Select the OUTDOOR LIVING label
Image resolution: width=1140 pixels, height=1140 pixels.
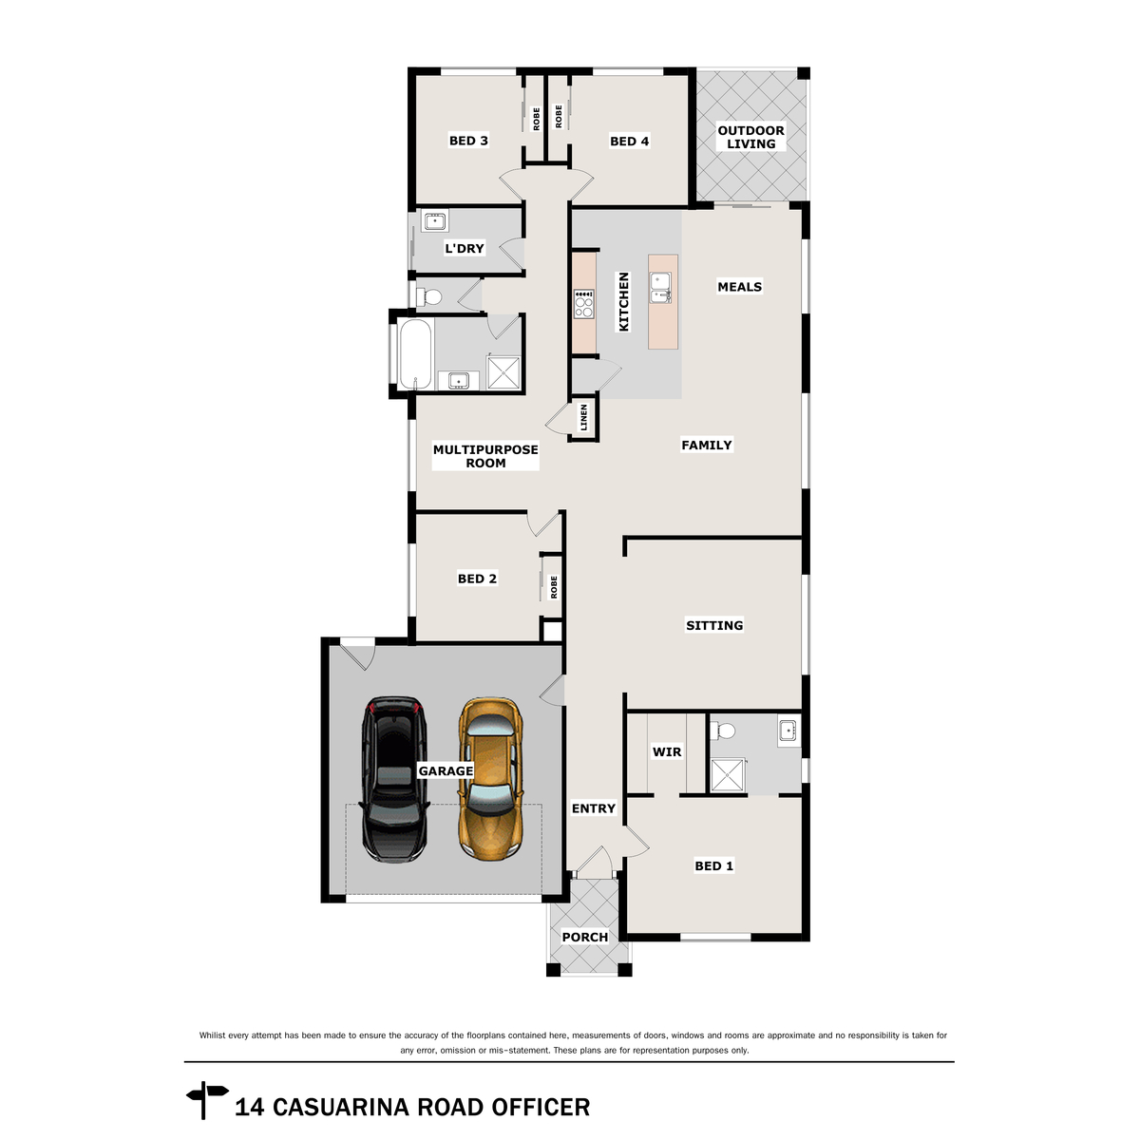[x=750, y=137]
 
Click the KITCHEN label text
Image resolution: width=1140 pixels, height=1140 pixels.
[x=624, y=301]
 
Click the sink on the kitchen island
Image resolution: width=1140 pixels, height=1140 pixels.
[x=660, y=286]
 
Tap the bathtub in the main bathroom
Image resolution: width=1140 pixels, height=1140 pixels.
[x=415, y=353]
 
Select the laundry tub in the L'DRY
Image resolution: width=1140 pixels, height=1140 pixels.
[x=435, y=222]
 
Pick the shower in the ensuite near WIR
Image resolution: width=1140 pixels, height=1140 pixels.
[x=729, y=775]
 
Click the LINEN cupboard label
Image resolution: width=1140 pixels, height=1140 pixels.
[x=583, y=417]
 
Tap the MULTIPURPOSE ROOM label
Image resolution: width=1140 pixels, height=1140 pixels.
[x=485, y=456]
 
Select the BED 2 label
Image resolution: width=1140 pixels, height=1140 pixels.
[x=477, y=579]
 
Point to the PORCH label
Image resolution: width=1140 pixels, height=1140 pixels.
[x=584, y=937]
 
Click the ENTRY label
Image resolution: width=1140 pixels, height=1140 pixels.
[x=593, y=808]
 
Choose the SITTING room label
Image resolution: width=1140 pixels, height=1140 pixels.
[x=714, y=625]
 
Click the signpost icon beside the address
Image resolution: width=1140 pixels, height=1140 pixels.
[x=206, y=1099]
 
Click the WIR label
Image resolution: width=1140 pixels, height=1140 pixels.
[x=666, y=751]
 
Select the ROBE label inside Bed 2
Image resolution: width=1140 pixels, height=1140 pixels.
[x=554, y=587]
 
